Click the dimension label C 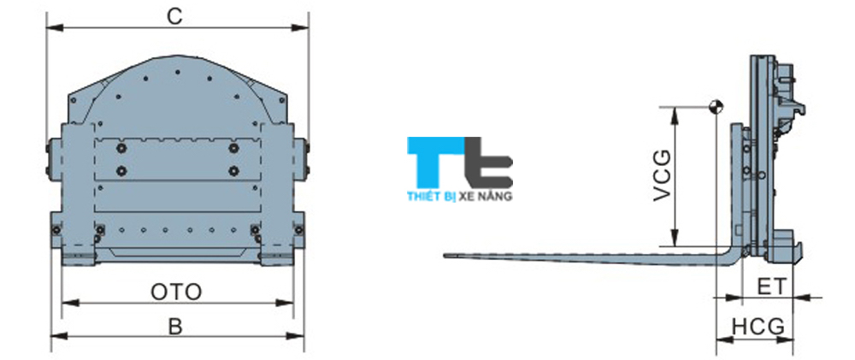[x=174, y=16]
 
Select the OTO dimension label [x=176, y=292]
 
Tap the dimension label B [x=175, y=327]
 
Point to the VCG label [x=662, y=175]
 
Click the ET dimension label [x=772, y=286]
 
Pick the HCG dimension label [x=758, y=327]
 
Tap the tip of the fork [x=445, y=256]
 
